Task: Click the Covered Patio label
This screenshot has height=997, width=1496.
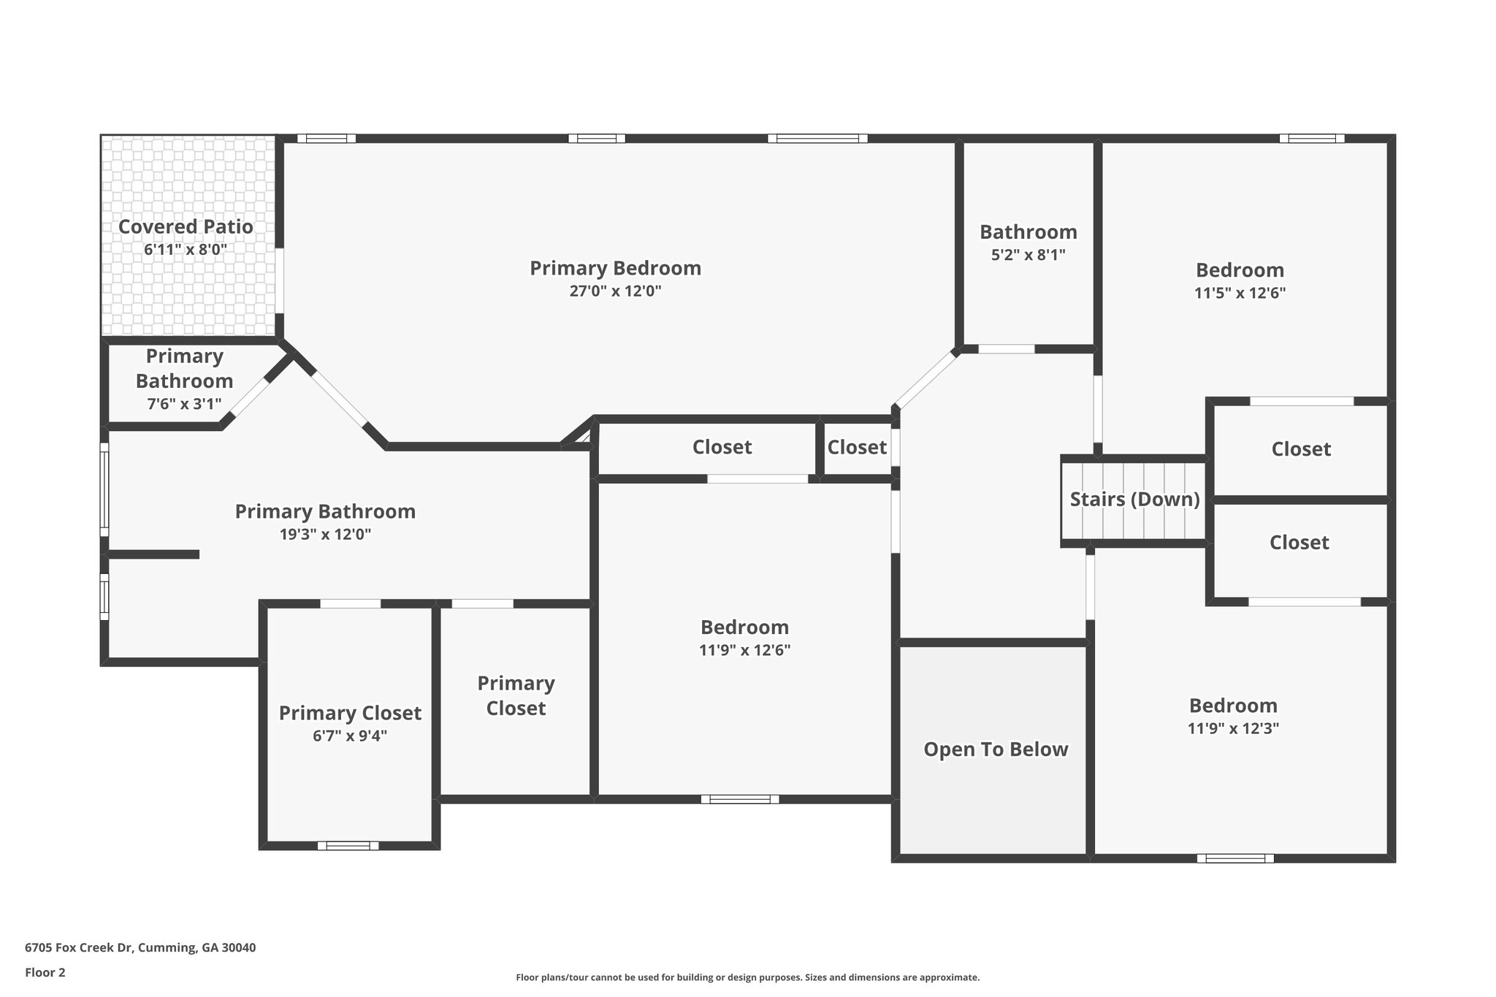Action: [186, 227]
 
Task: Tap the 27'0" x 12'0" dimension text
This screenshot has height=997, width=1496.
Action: [615, 291]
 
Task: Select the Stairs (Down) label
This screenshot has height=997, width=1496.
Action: [1134, 500]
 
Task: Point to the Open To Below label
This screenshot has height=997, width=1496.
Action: [996, 749]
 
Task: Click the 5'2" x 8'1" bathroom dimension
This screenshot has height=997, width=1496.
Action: [1028, 255]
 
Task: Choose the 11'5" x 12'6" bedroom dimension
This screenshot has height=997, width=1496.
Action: [1240, 293]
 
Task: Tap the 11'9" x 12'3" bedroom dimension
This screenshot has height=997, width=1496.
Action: [1233, 728]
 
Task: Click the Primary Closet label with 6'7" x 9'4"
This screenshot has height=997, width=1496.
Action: [350, 713]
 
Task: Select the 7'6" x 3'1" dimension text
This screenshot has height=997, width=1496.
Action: [184, 404]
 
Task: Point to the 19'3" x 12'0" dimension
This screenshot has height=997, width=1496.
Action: [325, 534]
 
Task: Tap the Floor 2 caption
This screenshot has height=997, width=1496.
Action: [45, 972]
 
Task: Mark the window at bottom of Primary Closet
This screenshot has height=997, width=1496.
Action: [348, 846]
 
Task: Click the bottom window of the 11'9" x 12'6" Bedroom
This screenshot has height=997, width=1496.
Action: [739, 799]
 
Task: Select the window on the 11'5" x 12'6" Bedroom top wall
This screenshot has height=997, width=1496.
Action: [1311, 138]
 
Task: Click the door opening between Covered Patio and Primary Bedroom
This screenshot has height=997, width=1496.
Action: [280, 281]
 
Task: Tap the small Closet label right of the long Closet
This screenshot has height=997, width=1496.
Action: [856, 447]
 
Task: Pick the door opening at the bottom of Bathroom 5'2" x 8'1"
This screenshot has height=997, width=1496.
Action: [1006, 349]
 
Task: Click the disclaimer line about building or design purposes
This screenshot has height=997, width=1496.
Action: [747, 977]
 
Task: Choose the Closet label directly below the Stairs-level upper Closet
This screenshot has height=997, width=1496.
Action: [1299, 542]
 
